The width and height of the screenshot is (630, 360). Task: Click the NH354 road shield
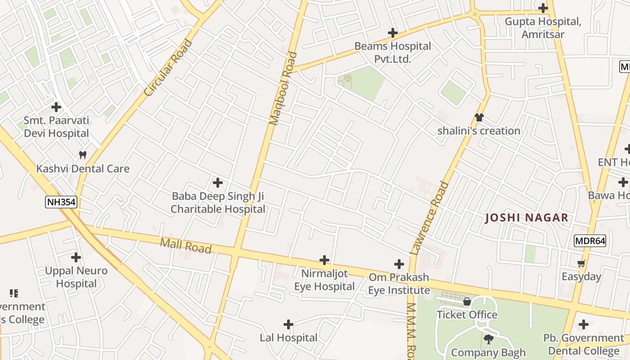tap(62, 202)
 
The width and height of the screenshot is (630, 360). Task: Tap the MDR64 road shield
tap(590, 241)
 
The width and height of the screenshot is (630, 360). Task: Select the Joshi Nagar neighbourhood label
tap(526, 218)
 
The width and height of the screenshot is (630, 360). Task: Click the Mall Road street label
tap(186, 246)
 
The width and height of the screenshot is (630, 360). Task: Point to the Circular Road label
tap(168, 68)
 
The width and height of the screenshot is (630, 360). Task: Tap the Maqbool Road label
tap(283, 89)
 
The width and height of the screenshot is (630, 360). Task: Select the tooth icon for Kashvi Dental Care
tap(82, 155)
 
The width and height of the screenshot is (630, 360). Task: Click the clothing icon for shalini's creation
tap(479, 117)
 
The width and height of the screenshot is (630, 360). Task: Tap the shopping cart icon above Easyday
tap(581, 263)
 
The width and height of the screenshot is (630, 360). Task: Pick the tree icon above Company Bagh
tap(488, 339)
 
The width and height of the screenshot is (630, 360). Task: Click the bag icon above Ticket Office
tap(467, 301)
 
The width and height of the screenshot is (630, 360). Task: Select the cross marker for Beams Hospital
tap(393, 33)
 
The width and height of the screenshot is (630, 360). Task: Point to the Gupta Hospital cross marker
tap(543, 8)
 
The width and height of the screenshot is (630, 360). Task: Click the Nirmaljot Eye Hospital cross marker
tap(324, 260)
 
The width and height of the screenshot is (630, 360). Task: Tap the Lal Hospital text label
tap(288, 337)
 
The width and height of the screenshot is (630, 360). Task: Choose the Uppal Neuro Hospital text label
tap(76, 277)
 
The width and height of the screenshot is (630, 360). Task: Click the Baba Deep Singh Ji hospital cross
tap(218, 183)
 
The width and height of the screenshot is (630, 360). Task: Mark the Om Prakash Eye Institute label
tap(399, 283)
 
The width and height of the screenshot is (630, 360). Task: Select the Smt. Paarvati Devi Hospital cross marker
tap(56, 107)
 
